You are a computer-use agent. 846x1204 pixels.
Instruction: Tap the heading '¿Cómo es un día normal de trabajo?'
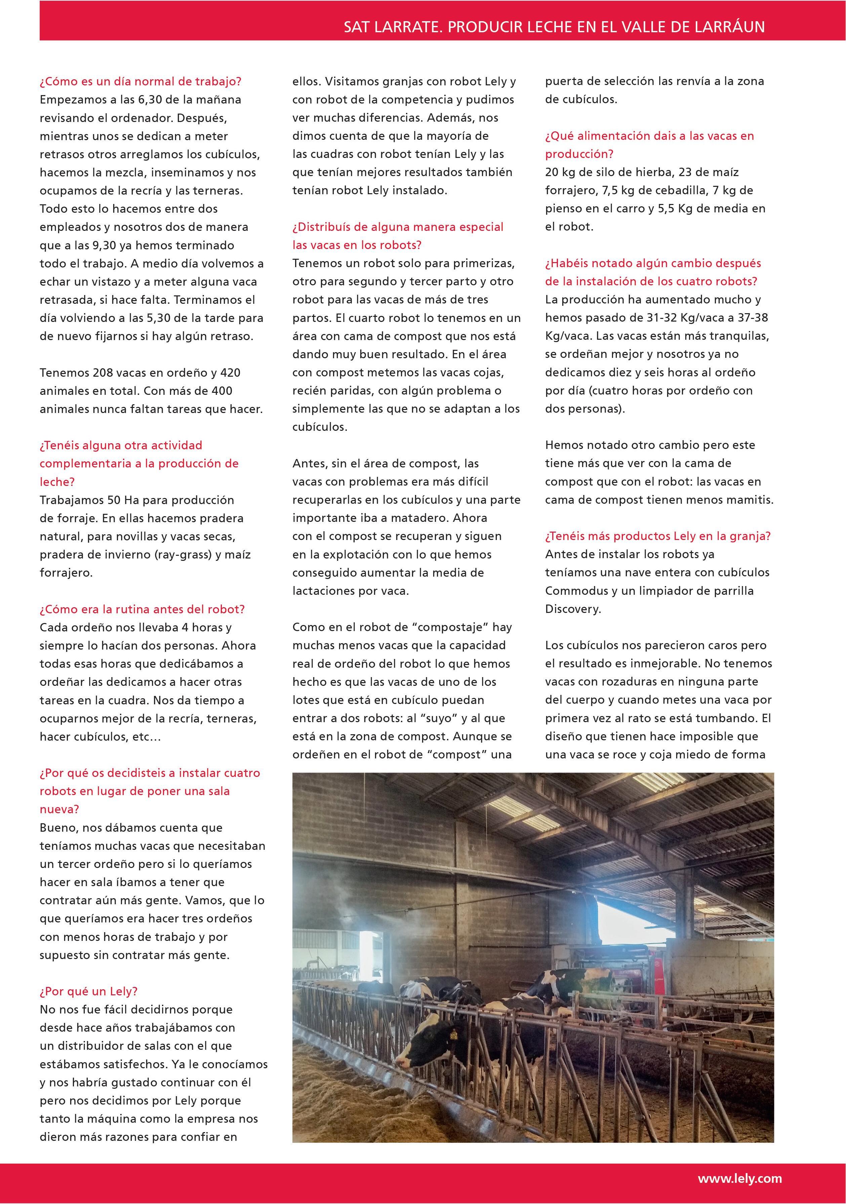pos(140,81)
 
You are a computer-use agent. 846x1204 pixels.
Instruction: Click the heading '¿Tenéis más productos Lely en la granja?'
pos(658,536)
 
